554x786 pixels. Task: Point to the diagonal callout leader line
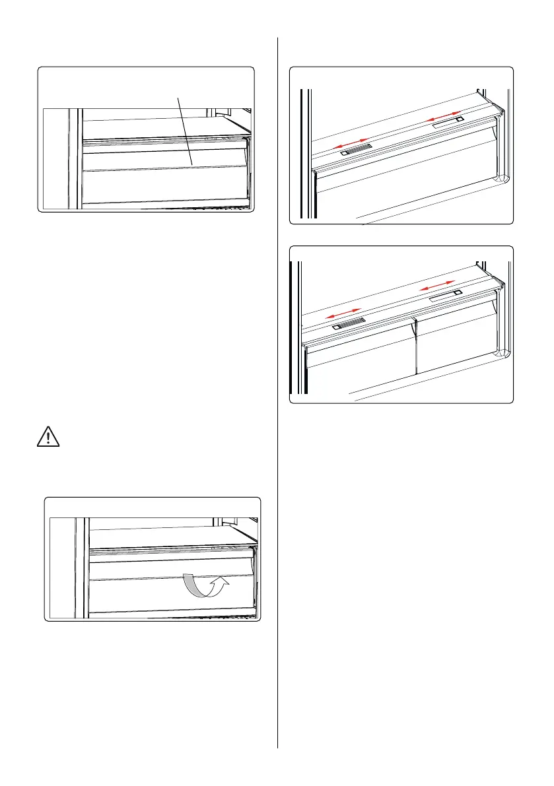point(185,132)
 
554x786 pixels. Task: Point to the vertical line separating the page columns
point(278,396)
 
